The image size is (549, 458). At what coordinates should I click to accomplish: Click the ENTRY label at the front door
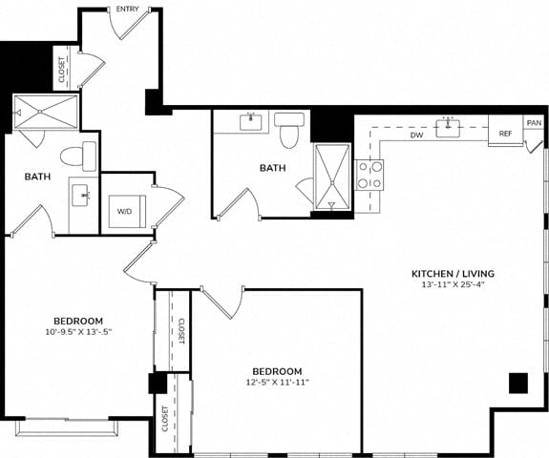pos(127,10)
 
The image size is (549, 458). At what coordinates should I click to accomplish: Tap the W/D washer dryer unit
pos(127,211)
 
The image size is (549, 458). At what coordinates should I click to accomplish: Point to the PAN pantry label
pos(534,123)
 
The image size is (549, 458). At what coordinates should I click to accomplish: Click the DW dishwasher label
pos(416,135)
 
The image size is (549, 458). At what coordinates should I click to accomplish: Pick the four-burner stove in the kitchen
pos(370,175)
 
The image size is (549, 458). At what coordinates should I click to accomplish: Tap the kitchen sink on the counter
pos(448,128)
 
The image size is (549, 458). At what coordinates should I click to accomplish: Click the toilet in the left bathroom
pos(78,156)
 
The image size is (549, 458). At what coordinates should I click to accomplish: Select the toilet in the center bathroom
pos(289,130)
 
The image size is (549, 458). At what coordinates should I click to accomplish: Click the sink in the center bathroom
pos(251,122)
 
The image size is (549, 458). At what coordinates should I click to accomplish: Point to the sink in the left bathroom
pos(82,196)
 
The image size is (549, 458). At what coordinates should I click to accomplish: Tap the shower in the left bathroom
pos(45,112)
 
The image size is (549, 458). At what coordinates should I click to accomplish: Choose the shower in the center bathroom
pos(332,177)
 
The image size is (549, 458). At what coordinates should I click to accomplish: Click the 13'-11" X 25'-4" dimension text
pos(453,284)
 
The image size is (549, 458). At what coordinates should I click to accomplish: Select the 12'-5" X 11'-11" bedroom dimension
pos(277,382)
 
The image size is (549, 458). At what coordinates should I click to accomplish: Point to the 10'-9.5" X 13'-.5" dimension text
pos(78,332)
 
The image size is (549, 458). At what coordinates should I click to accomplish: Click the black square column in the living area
pos(518,384)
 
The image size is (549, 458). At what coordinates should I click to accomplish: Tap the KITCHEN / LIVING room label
pos(453,274)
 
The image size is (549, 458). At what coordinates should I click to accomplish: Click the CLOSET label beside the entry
pos(62,70)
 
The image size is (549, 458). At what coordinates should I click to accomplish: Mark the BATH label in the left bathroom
pos(37,177)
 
